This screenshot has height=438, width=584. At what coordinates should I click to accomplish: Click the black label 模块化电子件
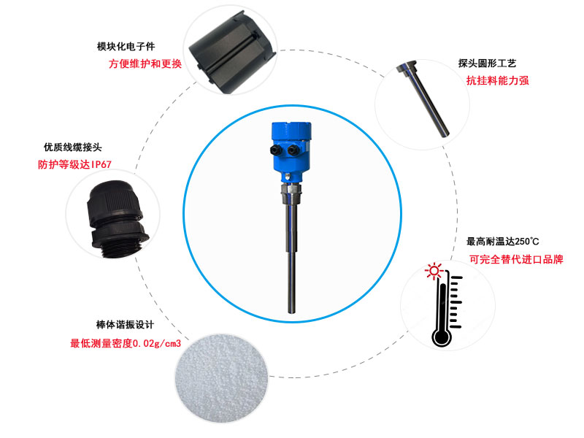[126, 47]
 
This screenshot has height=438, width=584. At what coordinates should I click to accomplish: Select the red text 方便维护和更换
[145, 64]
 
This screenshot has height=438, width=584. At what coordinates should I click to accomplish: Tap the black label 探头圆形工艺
[487, 64]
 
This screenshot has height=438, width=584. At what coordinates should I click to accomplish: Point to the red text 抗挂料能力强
[498, 80]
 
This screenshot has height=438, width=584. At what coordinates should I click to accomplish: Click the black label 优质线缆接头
[72, 147]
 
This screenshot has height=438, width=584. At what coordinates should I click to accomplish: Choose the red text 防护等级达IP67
[74, 164]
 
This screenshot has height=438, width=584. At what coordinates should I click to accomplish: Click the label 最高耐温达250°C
[503, 242]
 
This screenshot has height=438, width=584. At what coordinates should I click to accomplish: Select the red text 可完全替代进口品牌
[516, 259]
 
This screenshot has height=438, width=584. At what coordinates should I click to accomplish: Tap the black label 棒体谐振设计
[125, 325]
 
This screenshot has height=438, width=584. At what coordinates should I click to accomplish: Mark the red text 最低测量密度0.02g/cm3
[126, 343]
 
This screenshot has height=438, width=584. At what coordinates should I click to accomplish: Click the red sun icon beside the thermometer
[434, 271]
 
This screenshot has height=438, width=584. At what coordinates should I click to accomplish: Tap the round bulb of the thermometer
[442, 337]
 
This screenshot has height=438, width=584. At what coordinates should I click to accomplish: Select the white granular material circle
[222, 378]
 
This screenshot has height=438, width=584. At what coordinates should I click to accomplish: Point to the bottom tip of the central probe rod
[291, 312]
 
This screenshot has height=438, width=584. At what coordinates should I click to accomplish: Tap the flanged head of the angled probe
[405, 67]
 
